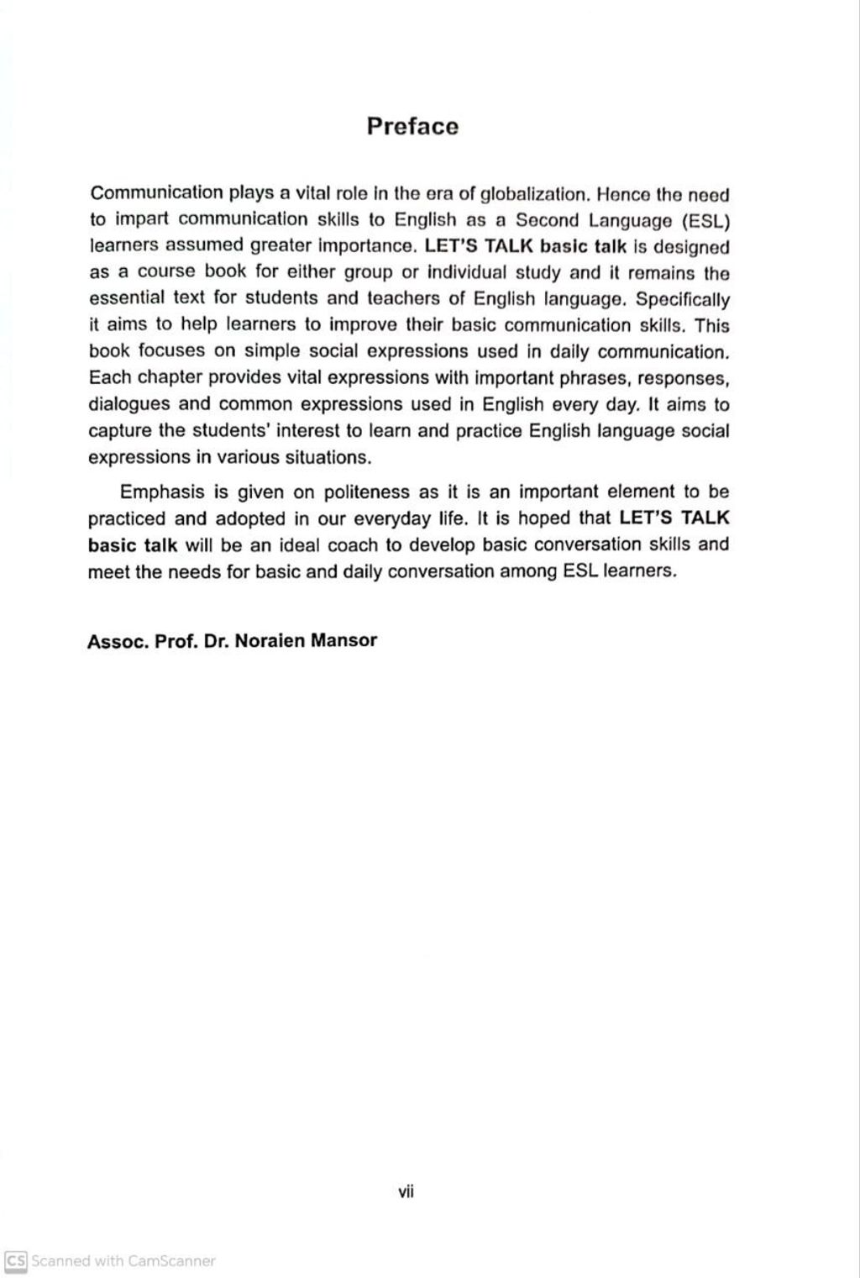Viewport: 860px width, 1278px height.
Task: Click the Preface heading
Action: point(412,127)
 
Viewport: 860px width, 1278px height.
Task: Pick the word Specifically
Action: point(683,300)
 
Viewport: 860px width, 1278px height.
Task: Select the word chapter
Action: point(166,377)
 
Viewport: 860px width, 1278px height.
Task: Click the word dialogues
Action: point(130,404)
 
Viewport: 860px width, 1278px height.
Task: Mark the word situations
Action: point(328,458)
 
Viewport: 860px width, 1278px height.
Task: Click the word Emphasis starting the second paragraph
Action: point(163,492)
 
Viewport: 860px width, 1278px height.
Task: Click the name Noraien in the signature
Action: point(269,641)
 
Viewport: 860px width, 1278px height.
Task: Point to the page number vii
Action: point(406,1191)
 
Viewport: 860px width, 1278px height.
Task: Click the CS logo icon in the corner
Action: point(16,1260)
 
